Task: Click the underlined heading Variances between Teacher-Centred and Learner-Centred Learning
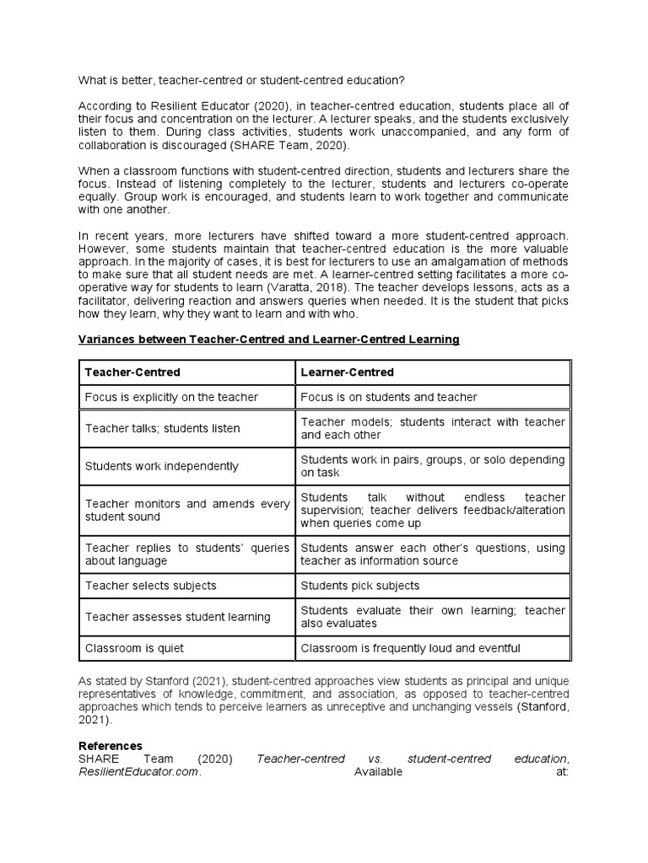pyautogui.click(x=268, y=339)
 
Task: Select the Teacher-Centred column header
pyautogui.click(x=132, y=372)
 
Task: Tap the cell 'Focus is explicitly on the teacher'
pyautogui.click(x=171, y=397)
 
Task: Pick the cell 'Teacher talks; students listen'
pyautogui.click(x=162, y=428)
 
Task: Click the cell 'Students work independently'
pyautogui.click(x=161, y=466)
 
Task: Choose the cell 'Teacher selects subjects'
pyautogui.click(x=150, y=586)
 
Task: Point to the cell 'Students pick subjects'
pyautogui.click(x=359, y=586)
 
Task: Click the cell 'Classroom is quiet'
pyautogui.click(x=134, y=648)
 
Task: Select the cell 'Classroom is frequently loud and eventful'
pyautogui.click(x=410, y=648)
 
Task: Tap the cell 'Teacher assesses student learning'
pyautogui.click(x=177, y=617)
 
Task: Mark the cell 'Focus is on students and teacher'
pyautogui.click(x=388, y=397)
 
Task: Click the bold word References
pyautogui.click(x=111, y=746)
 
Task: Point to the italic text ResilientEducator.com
pyautogui.click(x=139, y=771)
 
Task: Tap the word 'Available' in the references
pyautogui.click(x=378, y=771)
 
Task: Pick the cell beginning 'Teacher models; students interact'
pyautogui.click(x=433, y=428)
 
